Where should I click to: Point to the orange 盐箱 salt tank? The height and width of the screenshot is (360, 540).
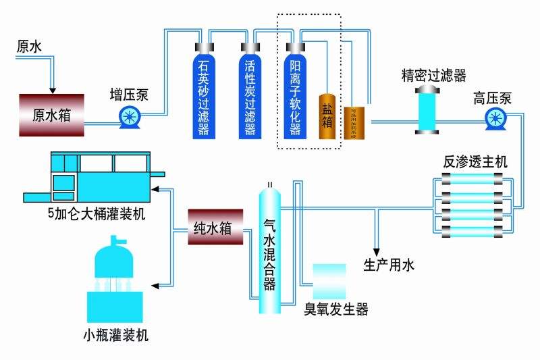[x=327, y=117]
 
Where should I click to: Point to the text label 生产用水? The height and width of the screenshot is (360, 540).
[x=389, y=265]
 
